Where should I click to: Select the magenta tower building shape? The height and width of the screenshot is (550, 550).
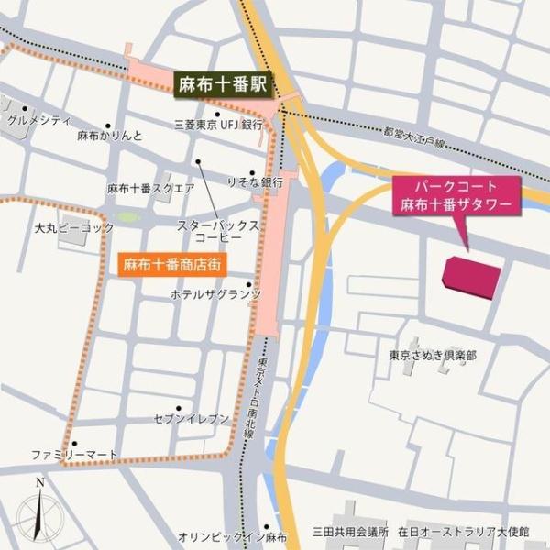pos(472,277)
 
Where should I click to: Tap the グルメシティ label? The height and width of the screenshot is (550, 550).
pos(38,120)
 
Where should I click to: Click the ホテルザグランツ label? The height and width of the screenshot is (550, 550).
pos(215,294)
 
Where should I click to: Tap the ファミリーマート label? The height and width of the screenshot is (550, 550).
pos(74,454)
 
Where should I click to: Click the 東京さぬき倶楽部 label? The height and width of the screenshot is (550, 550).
pos(432,355)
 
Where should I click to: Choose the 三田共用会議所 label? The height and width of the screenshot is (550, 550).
pos(351,531)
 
